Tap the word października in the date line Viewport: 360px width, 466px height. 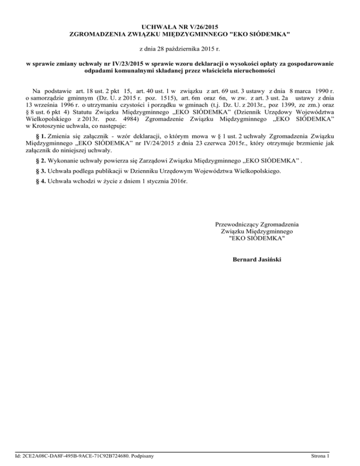coord(181,49)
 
